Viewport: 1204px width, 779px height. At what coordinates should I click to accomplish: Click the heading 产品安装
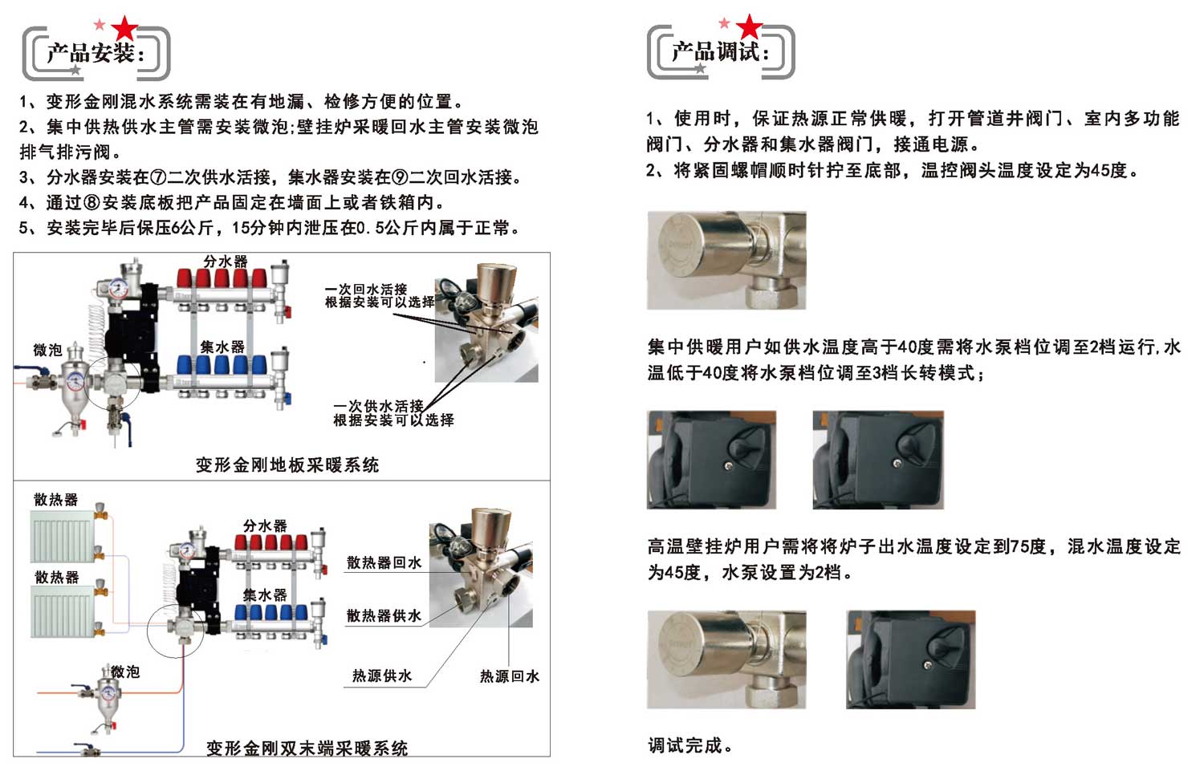click(90, 53)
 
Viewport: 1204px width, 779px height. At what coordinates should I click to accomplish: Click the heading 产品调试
click(715, 52)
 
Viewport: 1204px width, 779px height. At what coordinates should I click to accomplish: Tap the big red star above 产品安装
click(124, 28)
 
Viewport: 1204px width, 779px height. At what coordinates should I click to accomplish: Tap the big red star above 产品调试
click(749, 26)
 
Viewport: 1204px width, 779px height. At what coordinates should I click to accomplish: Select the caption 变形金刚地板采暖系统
click(287, 465)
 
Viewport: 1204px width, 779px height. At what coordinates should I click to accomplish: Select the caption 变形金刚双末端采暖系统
click(307, 748)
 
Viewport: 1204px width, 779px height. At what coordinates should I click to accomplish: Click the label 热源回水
click(509, 676)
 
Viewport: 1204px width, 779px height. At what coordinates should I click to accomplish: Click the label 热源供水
click(382, 676)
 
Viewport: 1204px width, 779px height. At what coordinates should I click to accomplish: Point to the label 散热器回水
click(384, 562)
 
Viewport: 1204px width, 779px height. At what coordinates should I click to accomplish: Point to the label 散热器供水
click(384, 615)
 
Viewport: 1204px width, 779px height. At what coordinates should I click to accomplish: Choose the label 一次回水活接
click(366, 290)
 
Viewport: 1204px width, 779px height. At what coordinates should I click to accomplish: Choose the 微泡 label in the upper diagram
click(48, 351)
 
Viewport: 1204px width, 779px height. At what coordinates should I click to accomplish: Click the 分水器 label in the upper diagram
click(226, 262)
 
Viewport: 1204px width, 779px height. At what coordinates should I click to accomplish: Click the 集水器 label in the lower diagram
click(265, 594)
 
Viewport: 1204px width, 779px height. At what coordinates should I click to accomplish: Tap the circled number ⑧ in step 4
click(92, 202)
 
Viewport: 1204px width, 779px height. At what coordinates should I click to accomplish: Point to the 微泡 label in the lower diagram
click(125, 671)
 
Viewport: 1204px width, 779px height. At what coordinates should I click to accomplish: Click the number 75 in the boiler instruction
click(1019, 546)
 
